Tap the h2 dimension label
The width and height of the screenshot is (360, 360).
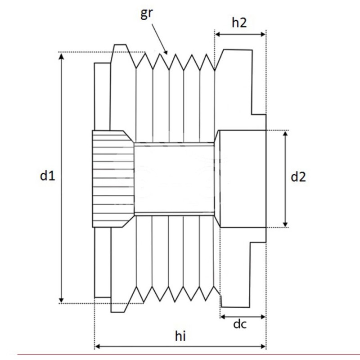pyautogui.click(x=239, y=23)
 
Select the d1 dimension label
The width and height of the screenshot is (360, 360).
pyautogui.click(x=47, y=176)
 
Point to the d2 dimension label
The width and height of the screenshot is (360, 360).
pyautogui.click(x=298, y=177)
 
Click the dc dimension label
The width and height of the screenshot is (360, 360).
pyautogui.click(x=240, y=324)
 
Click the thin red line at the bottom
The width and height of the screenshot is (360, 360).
pyautogui.click(x=180, y=355)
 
